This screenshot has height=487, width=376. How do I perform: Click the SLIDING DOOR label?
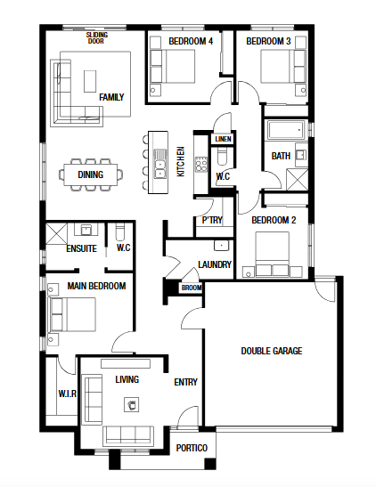point(96,37)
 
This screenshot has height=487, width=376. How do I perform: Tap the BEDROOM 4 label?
point(191,41)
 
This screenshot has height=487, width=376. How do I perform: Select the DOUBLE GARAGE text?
point(272,351)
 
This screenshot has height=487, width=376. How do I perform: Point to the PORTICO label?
point(192,448)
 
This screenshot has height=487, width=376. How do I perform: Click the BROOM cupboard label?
point(192,288)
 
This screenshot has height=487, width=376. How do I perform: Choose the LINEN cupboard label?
point(223,139)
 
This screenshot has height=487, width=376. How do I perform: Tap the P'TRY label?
point(212,220)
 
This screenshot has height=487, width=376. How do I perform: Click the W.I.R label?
point(67,394)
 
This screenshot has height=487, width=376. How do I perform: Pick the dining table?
point(90,175)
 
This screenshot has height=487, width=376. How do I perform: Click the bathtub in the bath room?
point(285,130)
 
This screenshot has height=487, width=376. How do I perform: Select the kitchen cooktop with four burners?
point(201,164)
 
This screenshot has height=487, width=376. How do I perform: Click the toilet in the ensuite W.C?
point(119,231)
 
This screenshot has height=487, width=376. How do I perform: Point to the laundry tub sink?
point(221,246)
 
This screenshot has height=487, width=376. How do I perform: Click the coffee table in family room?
point(90,81)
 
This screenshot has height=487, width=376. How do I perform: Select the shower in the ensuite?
point(56,233)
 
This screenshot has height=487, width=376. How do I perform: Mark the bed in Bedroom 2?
point(273,254)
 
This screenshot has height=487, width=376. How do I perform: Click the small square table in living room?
point(132,405)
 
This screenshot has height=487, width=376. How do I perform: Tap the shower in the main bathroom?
point(297,180)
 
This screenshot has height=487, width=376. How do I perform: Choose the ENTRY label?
point(186,382)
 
